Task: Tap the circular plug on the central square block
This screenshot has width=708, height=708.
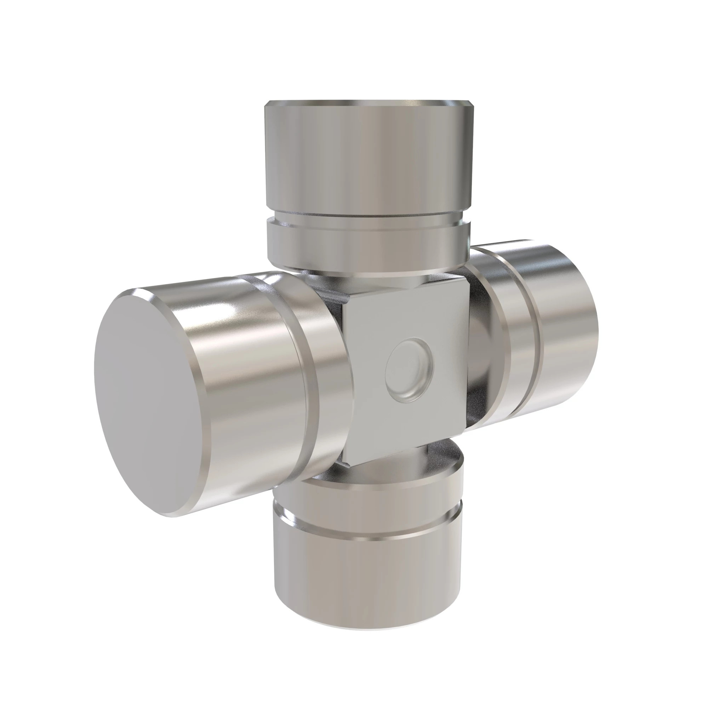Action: click(409, 370)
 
